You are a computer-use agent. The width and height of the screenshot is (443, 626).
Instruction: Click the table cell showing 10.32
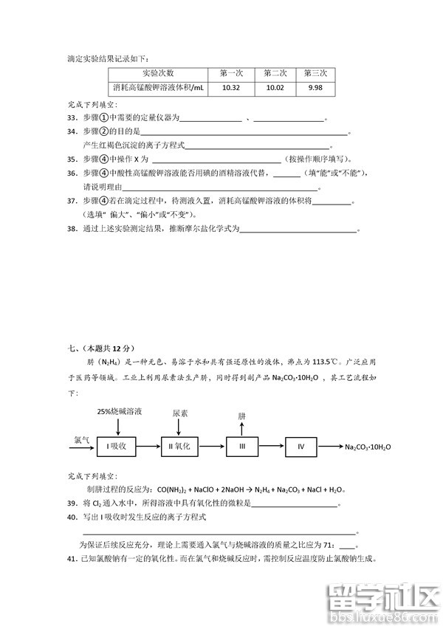(x=231, y=88)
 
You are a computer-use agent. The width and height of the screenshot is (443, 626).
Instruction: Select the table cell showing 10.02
(x=275, y=88)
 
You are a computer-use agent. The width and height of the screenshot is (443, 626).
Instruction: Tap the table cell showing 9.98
(x=315, y=88)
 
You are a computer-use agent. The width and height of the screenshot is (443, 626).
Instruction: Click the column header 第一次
(x=231, y=73)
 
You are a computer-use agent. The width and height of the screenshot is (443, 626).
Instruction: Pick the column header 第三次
(x=315, y=73)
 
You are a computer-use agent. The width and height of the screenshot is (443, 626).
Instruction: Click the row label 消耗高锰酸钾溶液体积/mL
(x=159, y=88)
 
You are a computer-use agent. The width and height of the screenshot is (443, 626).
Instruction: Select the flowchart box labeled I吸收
(x=118, y=447)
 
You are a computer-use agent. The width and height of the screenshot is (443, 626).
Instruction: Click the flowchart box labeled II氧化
(x=180, y=447)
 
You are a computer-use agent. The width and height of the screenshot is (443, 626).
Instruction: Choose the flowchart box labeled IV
(x=305, y=447)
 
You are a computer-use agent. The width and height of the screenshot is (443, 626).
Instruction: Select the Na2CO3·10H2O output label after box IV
(x=367, y=447)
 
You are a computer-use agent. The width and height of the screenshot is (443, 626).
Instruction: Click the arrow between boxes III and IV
(x=275, y=447)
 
